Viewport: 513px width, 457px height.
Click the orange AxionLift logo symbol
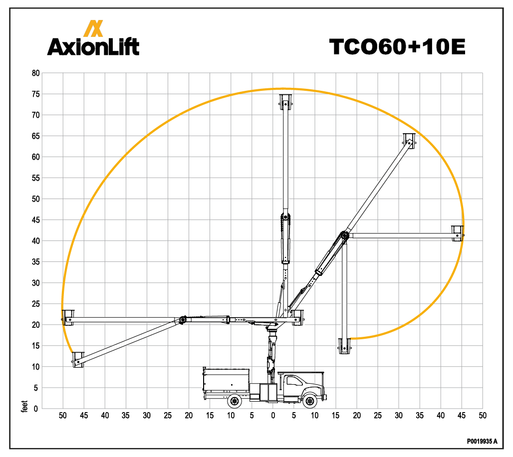93,28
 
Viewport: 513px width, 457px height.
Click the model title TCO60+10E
397,47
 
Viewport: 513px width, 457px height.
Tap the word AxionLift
93,46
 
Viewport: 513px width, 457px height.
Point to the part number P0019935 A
482,442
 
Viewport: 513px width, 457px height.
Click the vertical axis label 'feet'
24,406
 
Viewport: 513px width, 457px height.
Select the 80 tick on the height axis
35,73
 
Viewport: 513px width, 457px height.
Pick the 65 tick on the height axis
35,136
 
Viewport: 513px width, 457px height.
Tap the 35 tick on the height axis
35,262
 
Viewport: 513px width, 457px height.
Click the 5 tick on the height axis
35,388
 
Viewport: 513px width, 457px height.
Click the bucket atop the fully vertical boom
285,102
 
